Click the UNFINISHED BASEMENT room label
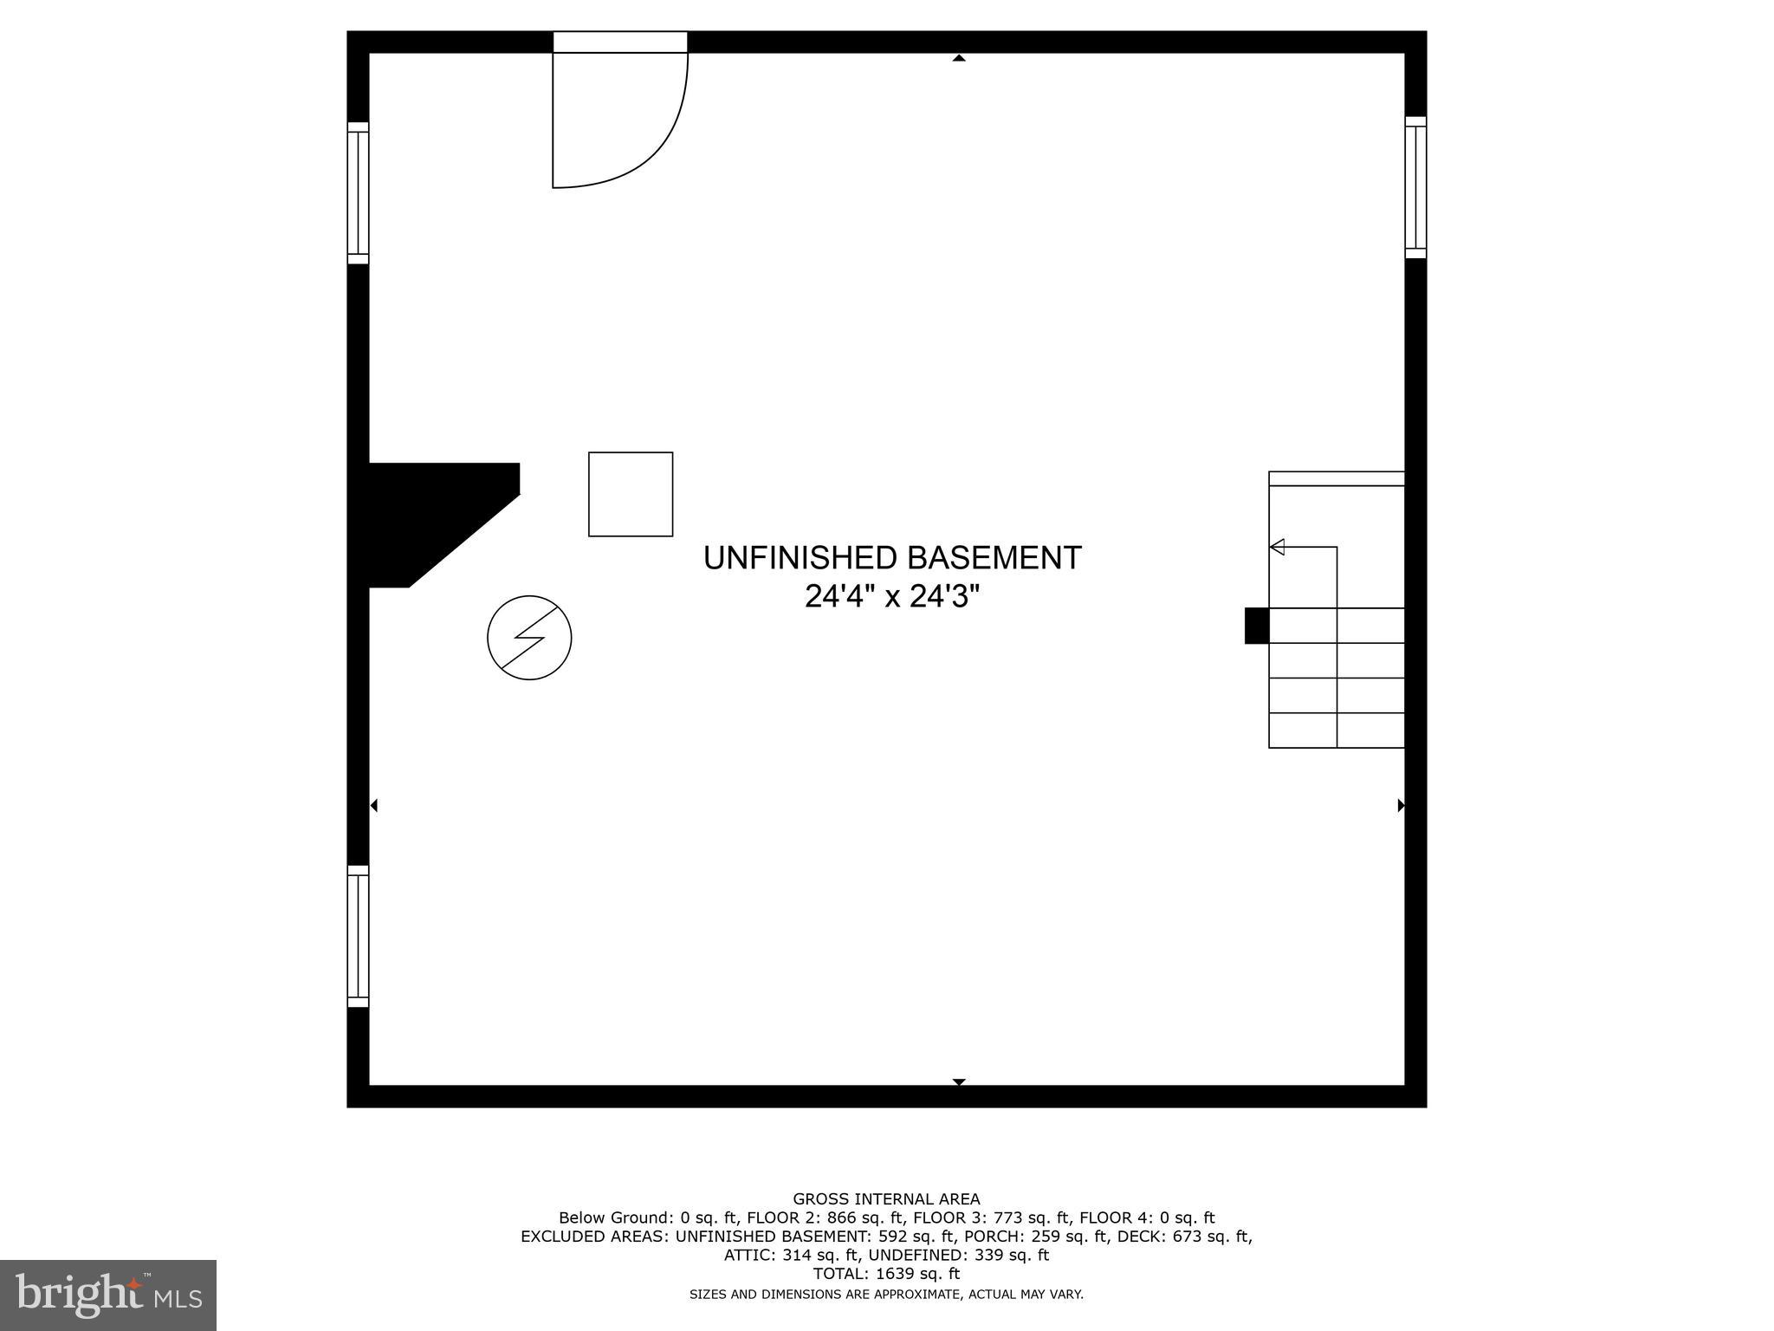[892, 558]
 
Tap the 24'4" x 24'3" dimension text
[892, 597]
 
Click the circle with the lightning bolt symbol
[529, 638]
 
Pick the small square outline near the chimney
[631, 494]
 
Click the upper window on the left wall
[358, 192]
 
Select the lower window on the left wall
[358, 936]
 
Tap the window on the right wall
[1415, 187]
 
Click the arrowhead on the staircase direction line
[1277, 547]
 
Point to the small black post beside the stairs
[1256, 626]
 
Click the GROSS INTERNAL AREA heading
[886, 1199]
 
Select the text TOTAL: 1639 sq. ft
[886, 1274]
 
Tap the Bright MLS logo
[108, 1295]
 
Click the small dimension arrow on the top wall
[959, 58]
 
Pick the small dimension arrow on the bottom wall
[959, 1081]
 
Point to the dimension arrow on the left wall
[374, 806]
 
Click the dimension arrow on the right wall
[1401, 806]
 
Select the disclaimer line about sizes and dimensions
[886, 1295]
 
